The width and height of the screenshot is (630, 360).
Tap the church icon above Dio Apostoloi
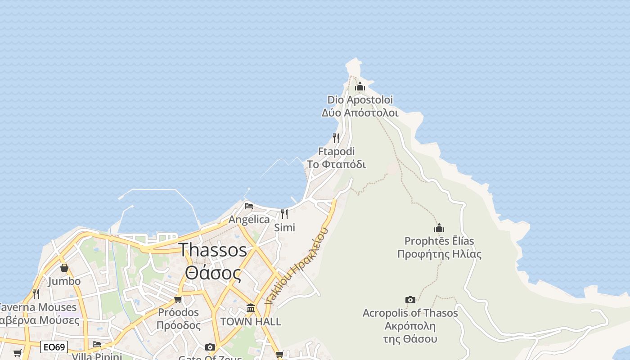360,86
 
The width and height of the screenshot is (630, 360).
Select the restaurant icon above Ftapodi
336,138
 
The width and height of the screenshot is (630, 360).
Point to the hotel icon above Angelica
249,206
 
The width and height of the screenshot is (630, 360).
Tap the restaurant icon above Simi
284,214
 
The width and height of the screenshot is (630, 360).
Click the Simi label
284,228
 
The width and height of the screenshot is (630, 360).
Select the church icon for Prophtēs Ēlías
439,228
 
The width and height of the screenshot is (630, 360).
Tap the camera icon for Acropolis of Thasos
410,300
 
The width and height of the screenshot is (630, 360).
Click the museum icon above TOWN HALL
251,308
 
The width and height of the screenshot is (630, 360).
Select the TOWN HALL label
251,322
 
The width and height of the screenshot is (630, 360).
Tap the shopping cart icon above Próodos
178,299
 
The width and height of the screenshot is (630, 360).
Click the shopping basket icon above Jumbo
64,268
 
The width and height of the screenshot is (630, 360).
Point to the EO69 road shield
54,347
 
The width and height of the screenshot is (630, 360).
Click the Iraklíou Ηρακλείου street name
297,266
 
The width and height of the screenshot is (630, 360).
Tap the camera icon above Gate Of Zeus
210,347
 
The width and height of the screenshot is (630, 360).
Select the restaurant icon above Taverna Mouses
36,294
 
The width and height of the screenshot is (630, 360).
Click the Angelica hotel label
249,220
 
